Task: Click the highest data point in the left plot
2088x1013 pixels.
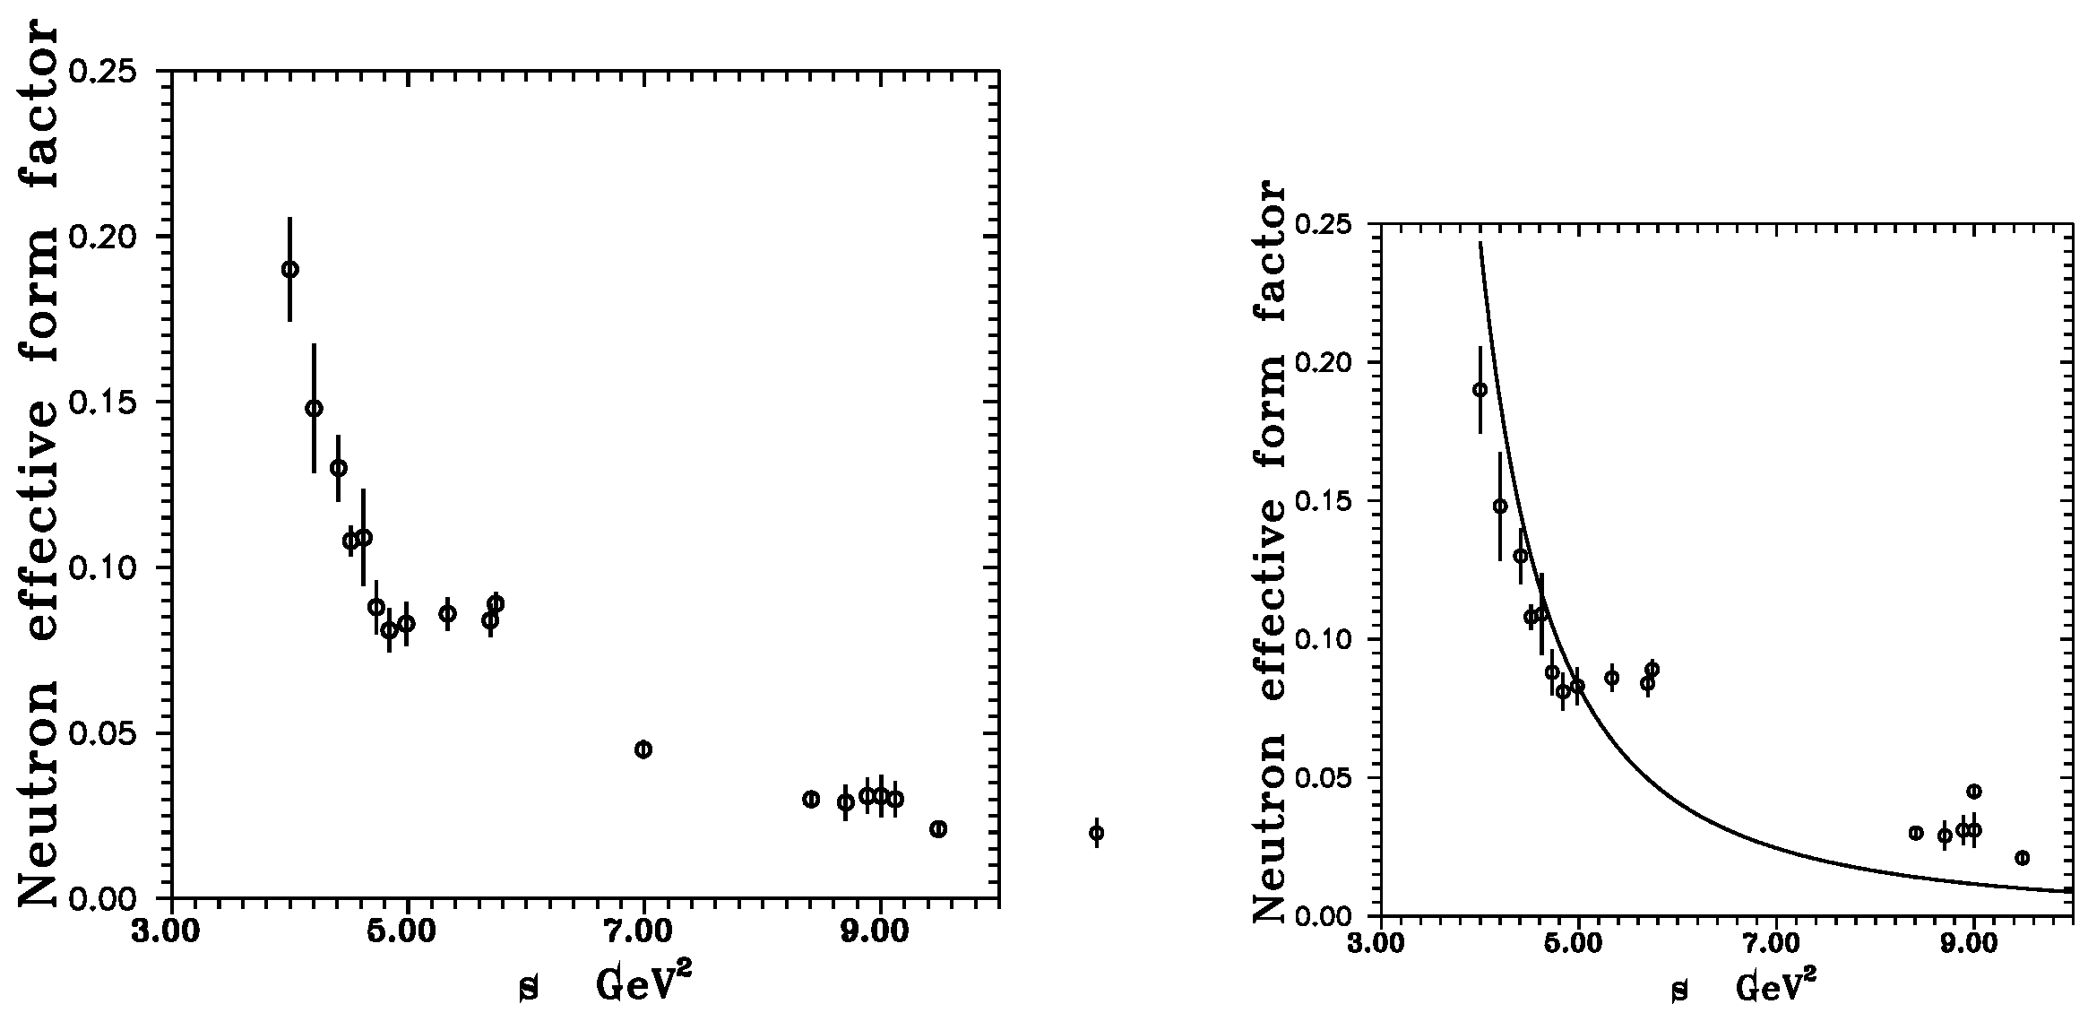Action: (x=289, y=269)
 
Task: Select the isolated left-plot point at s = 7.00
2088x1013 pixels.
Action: (x=643, y=749)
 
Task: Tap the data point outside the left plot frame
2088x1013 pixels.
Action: (x=1095, y=833)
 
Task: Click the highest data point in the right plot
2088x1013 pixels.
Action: (x=1480, y=389)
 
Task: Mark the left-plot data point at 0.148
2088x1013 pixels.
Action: (x=314, y=408)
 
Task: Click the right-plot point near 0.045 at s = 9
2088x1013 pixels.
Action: (x=1973, y=791)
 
